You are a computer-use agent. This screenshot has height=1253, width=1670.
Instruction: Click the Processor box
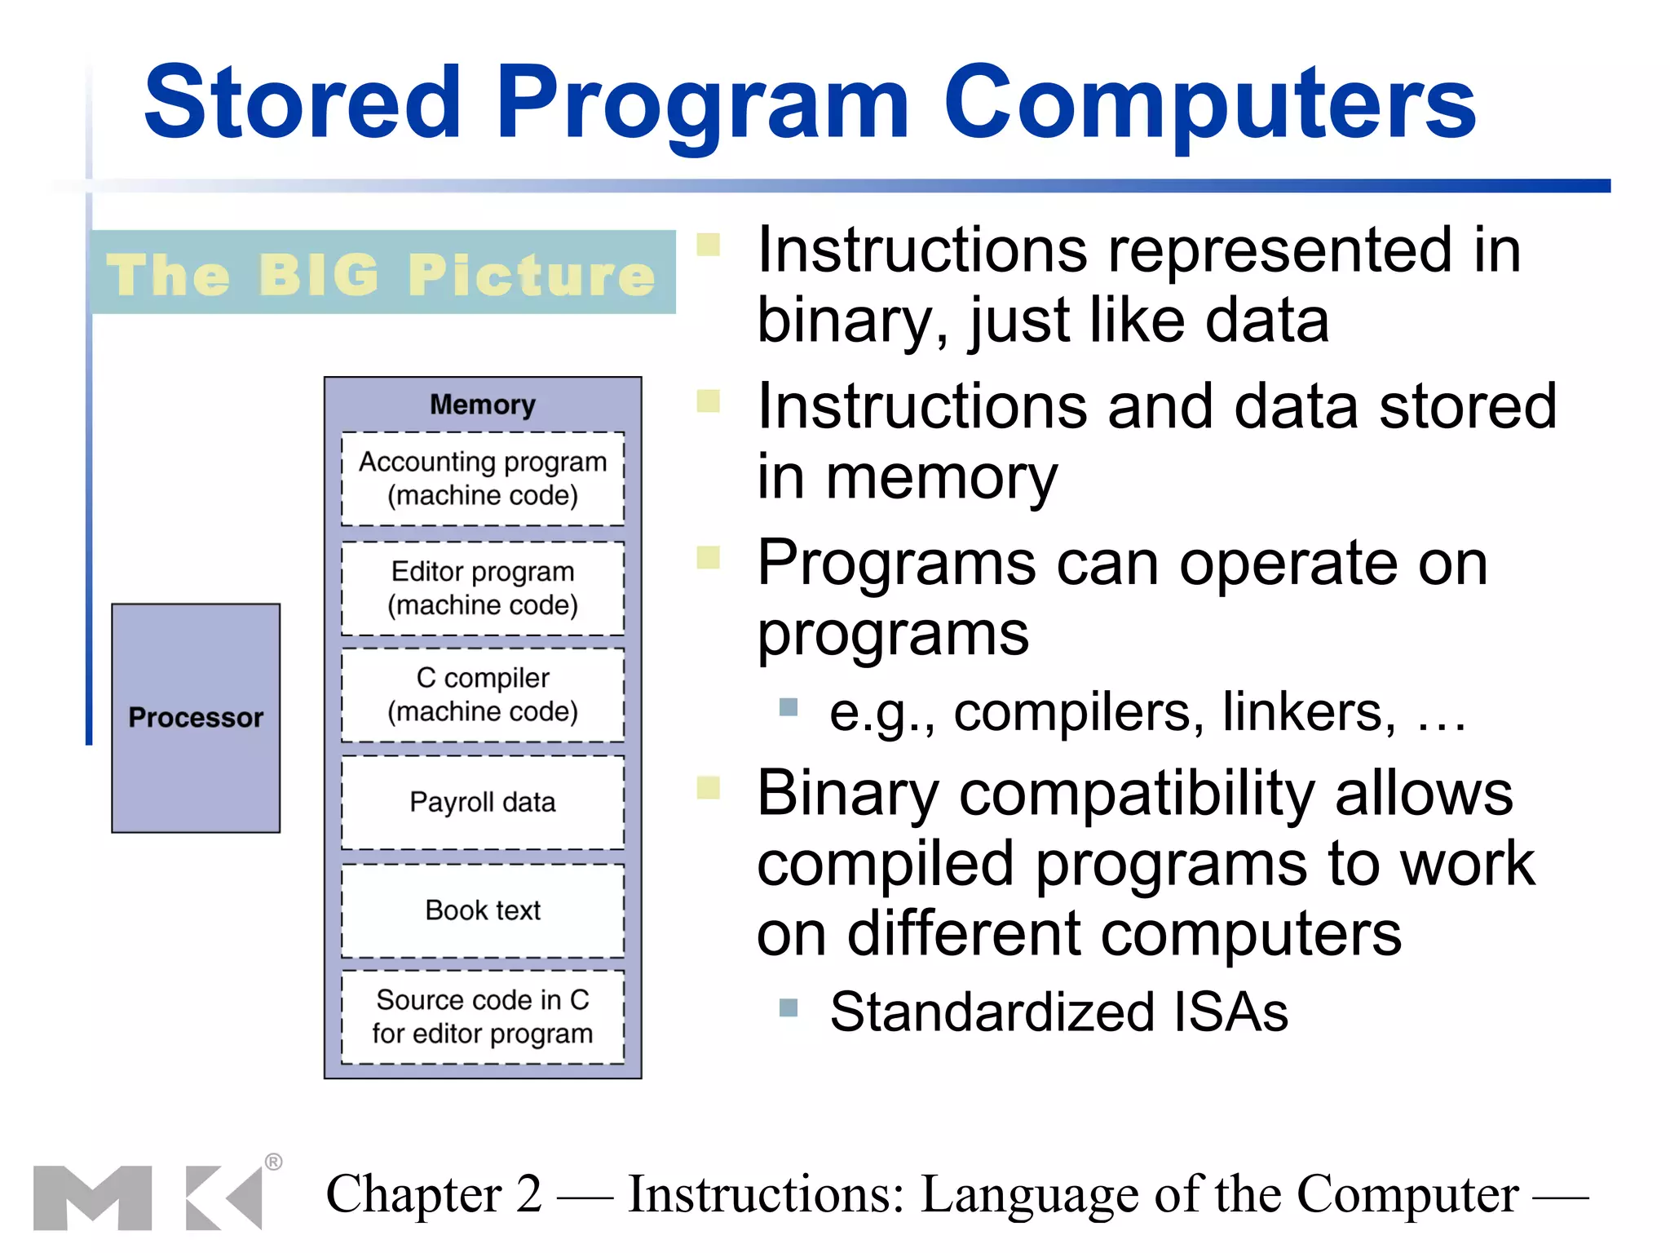coord(196,718)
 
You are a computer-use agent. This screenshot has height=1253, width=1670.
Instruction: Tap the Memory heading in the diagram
coord(483,405)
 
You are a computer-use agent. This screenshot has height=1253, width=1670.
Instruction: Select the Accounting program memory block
coord(483,479)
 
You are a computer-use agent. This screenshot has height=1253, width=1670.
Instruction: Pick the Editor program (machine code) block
coord(483,588)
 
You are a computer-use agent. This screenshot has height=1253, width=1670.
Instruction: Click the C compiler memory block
coord(483,695)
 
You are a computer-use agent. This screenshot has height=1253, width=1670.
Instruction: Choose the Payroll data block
coord(483,803)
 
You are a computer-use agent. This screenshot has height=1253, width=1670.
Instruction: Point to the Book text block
coord(483,910)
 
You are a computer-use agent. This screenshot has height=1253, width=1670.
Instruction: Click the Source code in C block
coord(483,1017)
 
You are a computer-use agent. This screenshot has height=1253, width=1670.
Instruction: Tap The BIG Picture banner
coord(382,273)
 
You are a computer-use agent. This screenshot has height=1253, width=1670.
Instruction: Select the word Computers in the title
coord(1210,103)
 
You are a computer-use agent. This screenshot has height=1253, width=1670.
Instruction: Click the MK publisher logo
coord(147,1198)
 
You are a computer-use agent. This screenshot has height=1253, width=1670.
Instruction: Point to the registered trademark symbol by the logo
coord(273,1162)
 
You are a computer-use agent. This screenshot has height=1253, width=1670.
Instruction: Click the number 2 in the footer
coord(528,1194)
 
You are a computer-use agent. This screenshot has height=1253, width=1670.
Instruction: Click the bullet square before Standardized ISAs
coord(788,1007)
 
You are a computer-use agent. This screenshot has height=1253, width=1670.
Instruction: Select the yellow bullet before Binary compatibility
coord(708,787)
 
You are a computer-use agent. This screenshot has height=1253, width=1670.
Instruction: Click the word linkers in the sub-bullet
coord(1308,712)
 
